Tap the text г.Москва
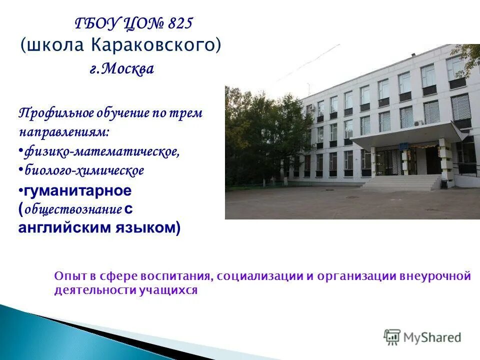click(121, 69)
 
